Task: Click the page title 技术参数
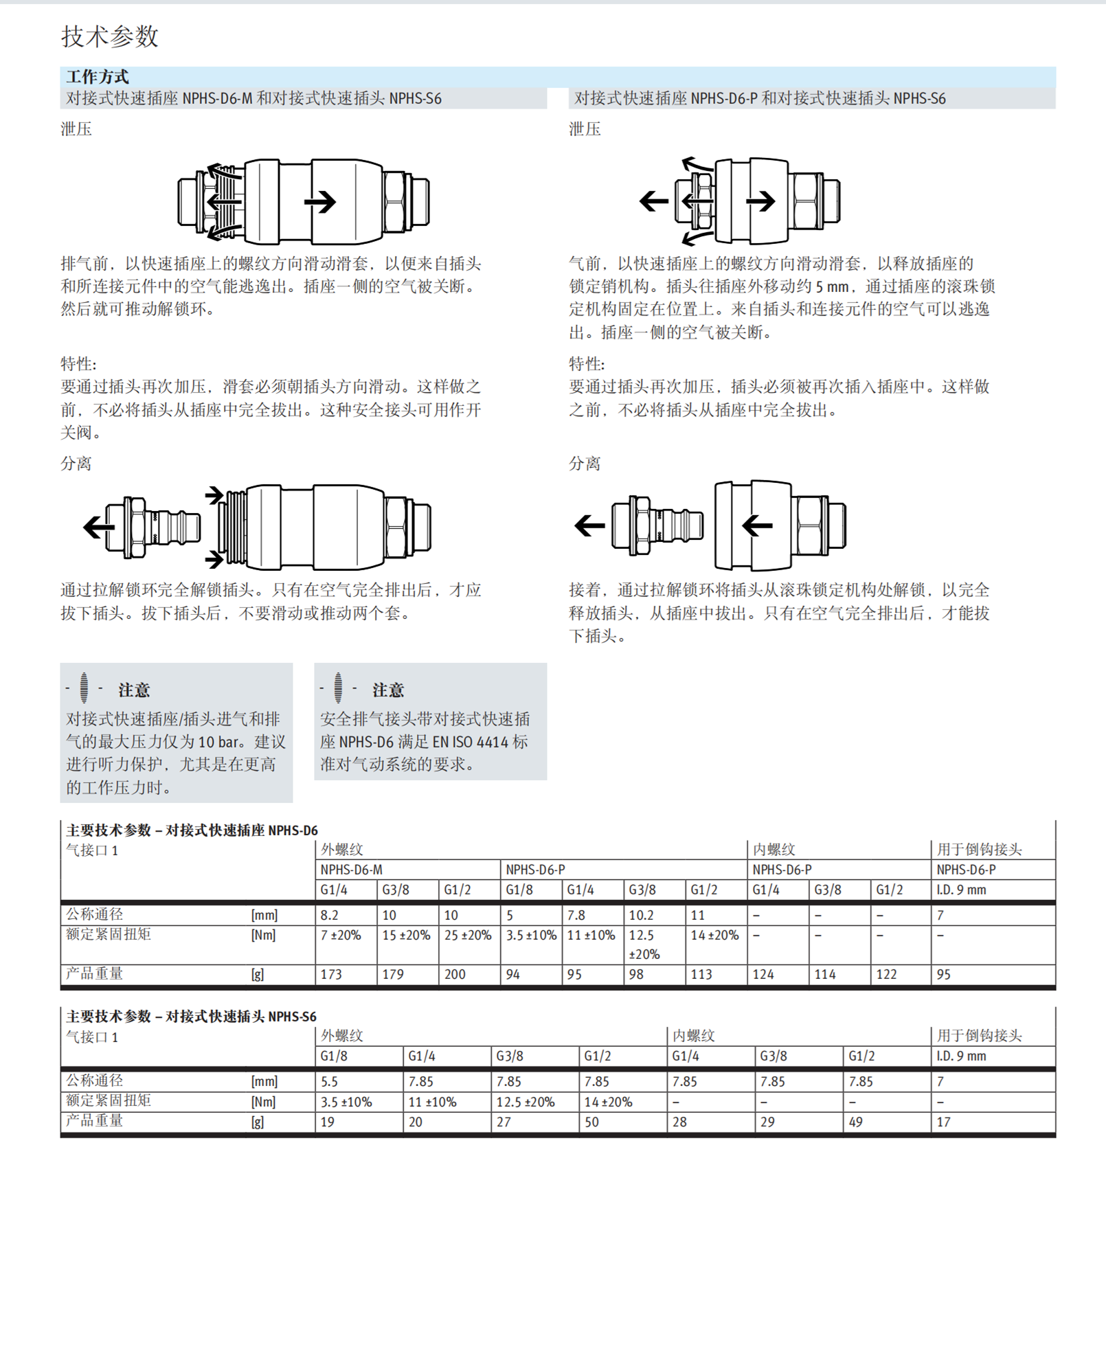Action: [110, 36]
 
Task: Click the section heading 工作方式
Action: [97, 76]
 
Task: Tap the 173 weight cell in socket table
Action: [331, 974]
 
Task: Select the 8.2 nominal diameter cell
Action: [330, 915]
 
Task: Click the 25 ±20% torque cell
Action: [468, 935]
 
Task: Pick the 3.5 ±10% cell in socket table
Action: [531, 935]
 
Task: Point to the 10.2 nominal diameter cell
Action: [642, 915]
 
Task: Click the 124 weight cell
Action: [763, 974]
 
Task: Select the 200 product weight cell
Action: [455, 974]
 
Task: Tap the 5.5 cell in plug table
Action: [330, 1081]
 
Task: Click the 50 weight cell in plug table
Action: [591, 1122]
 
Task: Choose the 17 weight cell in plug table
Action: [944, 1122]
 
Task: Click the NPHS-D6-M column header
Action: [351, 870]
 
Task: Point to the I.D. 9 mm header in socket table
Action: [962, 890]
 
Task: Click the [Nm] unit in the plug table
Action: [263, 1102]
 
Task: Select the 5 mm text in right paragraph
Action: [832, 286]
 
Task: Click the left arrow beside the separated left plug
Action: [98, 527]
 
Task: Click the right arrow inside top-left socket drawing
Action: [320, 202]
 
